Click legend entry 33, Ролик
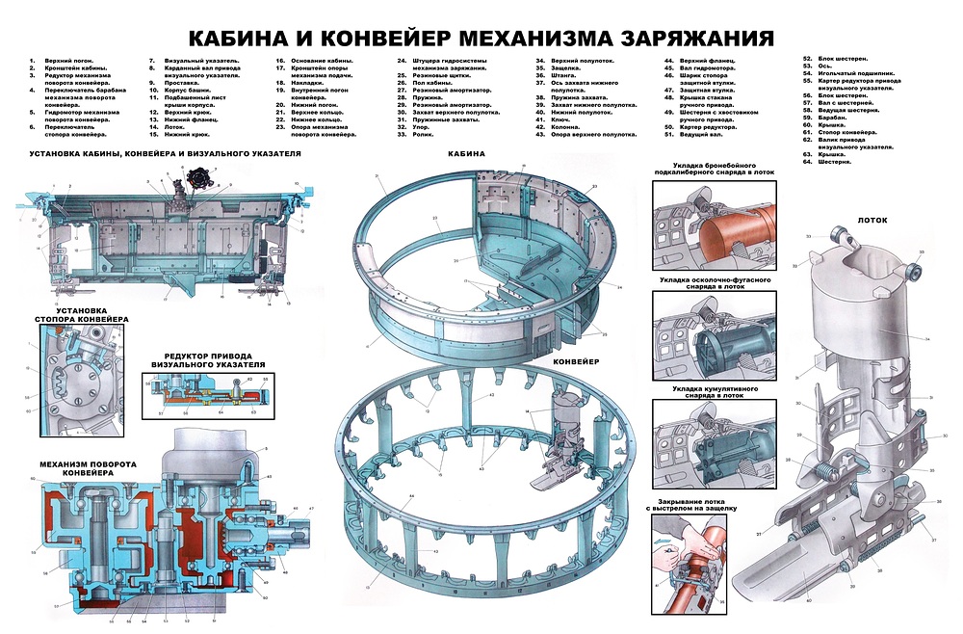coord(429,135)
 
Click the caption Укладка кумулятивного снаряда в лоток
coord(714,392)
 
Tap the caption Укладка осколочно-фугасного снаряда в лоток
coord(714,281)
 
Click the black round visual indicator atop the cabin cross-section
coord(203,179)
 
